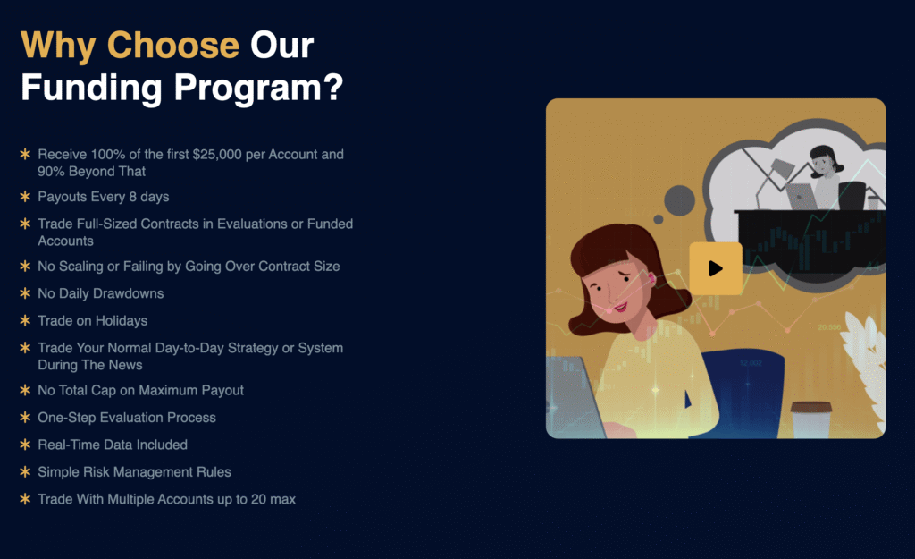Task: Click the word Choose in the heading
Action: point(172,45)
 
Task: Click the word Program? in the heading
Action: point(258,88)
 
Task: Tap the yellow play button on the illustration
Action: point(716,268)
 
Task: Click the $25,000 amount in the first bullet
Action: point(217,154)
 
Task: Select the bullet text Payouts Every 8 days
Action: point(104,197)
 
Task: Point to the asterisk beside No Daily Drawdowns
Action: point(25,293)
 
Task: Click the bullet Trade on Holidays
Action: point(93,321)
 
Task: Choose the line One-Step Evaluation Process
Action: point(127,418)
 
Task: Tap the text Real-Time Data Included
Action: point(113,445)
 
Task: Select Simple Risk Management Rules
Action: point(134,472)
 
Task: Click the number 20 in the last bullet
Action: point(258,499)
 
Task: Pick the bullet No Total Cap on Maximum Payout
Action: point(140,390)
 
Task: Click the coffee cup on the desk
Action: point(810,419)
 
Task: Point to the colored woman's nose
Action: point(609,296)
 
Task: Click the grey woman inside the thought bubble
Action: point(825,176)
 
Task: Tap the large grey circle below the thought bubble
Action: point(679,200)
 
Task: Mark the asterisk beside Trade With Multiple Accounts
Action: point(25,499)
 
